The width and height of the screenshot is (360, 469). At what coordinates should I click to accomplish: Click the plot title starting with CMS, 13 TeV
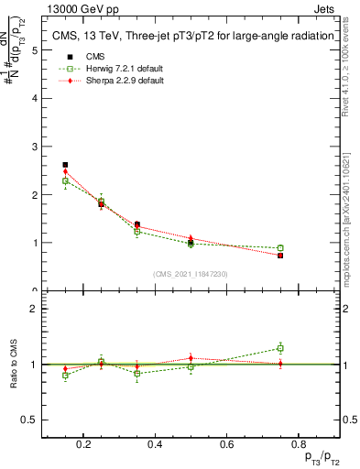pos(184,36)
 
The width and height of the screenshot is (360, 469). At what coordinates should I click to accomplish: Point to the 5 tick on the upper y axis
pos(35,50)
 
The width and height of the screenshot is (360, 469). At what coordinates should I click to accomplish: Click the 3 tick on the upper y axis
pos(35,147)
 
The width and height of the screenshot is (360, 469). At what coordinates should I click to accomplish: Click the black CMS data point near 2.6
pos(65,165)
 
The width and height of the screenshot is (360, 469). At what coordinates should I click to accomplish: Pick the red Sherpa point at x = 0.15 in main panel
pos(65,171)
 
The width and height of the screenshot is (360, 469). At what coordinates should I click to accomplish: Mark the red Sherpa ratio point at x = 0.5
pos(191,358)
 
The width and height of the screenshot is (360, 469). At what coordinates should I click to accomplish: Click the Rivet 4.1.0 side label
pos(351,73)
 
